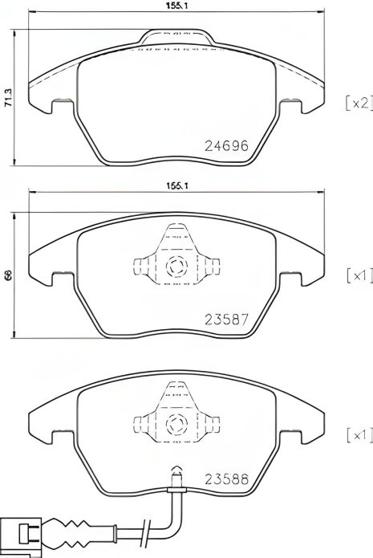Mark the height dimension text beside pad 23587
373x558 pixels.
(x=7, y=275)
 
